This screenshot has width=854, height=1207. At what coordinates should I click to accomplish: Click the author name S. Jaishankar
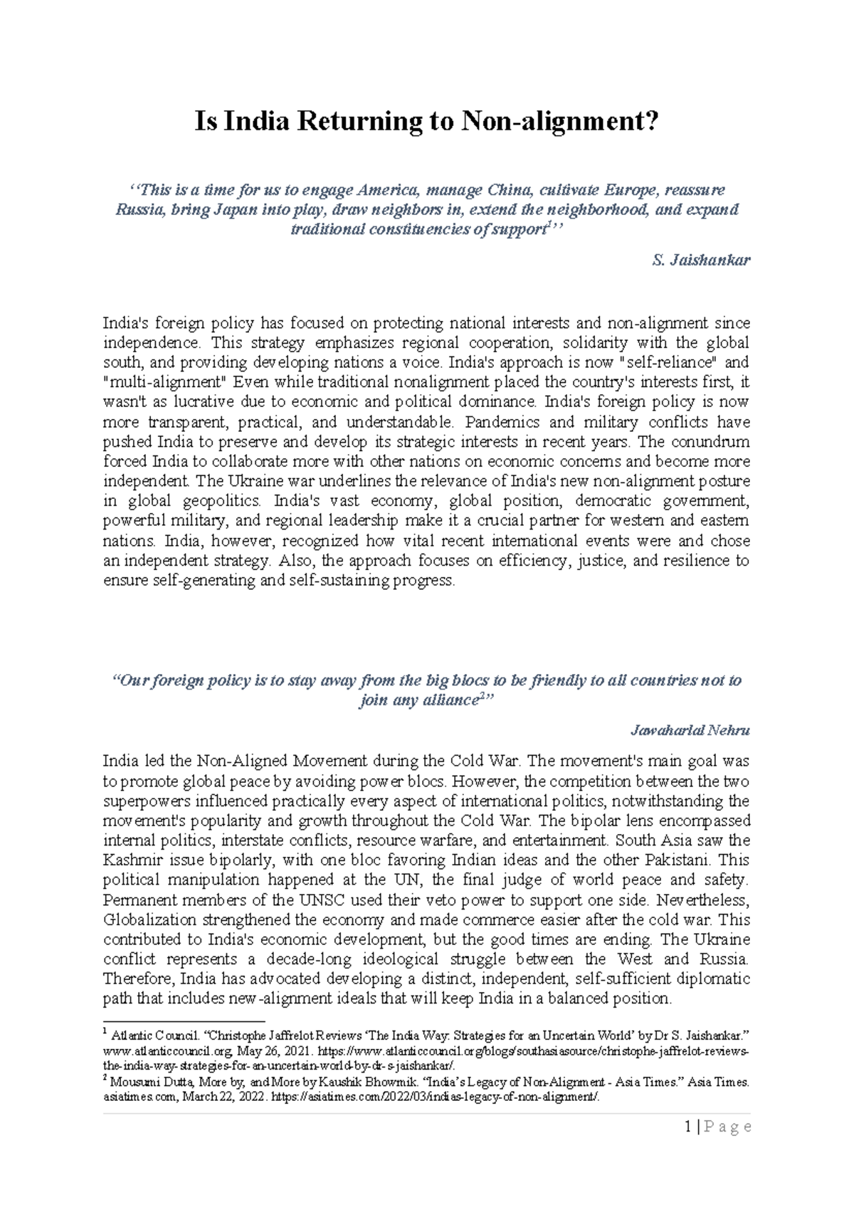coord(701,260)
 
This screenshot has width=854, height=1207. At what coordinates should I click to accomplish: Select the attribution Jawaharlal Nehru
coord(690,730)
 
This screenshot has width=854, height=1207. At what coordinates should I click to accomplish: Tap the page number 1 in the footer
coord(687,1127)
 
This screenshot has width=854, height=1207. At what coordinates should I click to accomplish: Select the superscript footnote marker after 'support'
coord(547,225)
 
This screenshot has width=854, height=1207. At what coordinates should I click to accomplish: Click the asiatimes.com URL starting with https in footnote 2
coord(440,1097)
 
